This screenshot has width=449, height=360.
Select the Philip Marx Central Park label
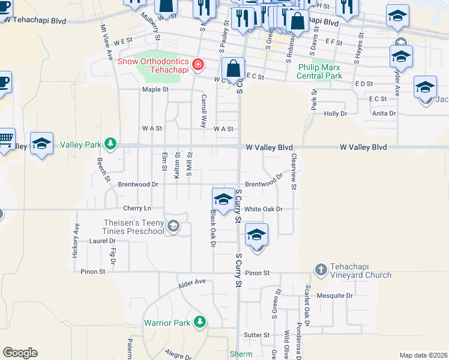coord(319,71)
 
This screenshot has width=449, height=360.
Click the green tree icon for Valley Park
coord(110,144)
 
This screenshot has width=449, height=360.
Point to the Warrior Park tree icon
coord(199,323)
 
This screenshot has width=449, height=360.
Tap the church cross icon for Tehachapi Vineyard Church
coord(321,269)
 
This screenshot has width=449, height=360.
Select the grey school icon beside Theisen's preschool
coord(173,226)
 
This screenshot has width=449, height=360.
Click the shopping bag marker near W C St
coord(234,68)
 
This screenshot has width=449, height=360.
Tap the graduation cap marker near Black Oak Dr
coord(223,199)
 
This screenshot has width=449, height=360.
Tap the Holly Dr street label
coord(336,113)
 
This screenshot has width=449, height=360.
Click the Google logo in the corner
coord(20,353)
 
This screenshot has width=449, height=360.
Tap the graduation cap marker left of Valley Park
coord(41,144)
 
